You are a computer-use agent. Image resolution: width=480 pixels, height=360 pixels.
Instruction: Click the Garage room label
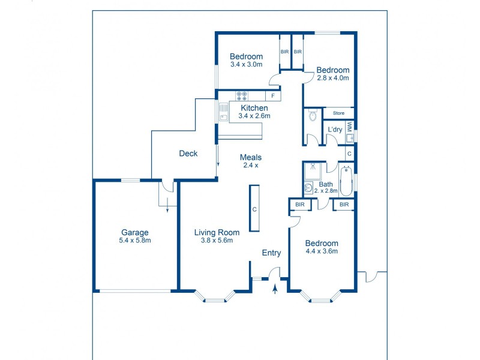pos(134,232)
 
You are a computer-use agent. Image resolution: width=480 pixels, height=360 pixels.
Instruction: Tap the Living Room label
pos(217,232)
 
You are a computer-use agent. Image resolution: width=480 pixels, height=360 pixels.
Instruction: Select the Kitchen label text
pos(254,108)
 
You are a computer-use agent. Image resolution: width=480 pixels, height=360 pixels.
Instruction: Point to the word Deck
pos(188,154)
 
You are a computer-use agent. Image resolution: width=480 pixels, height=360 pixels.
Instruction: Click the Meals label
pos(251,157)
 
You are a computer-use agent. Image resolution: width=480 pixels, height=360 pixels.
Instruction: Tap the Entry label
pos(271,253)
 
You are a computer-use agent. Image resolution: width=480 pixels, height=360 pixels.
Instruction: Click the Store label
pos(339,113)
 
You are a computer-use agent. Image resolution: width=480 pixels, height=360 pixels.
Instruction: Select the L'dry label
pos(335,130)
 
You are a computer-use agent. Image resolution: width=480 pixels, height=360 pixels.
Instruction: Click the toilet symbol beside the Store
pos(312,116)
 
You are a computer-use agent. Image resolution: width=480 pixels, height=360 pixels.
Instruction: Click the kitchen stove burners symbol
pos(242,95)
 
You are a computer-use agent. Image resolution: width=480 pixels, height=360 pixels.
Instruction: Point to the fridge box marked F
pos(273,96)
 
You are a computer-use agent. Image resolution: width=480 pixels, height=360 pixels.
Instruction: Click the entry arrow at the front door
pos(275,290)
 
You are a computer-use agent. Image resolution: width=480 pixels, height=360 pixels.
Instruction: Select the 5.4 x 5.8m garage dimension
pos(134,241)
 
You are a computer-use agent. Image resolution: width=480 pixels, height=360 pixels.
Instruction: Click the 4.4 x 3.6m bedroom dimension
pos(322,251)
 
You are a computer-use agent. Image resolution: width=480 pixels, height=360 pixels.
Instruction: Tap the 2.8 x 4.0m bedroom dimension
pos(333,77)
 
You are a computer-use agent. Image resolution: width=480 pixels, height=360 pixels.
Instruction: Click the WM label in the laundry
pos(349,127)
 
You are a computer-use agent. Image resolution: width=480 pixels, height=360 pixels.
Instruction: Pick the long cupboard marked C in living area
pos(254,208)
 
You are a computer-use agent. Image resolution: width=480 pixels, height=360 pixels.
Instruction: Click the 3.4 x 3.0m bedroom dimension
pos(246,65)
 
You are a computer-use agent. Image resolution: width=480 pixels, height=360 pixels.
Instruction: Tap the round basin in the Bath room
pos(308,188)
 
